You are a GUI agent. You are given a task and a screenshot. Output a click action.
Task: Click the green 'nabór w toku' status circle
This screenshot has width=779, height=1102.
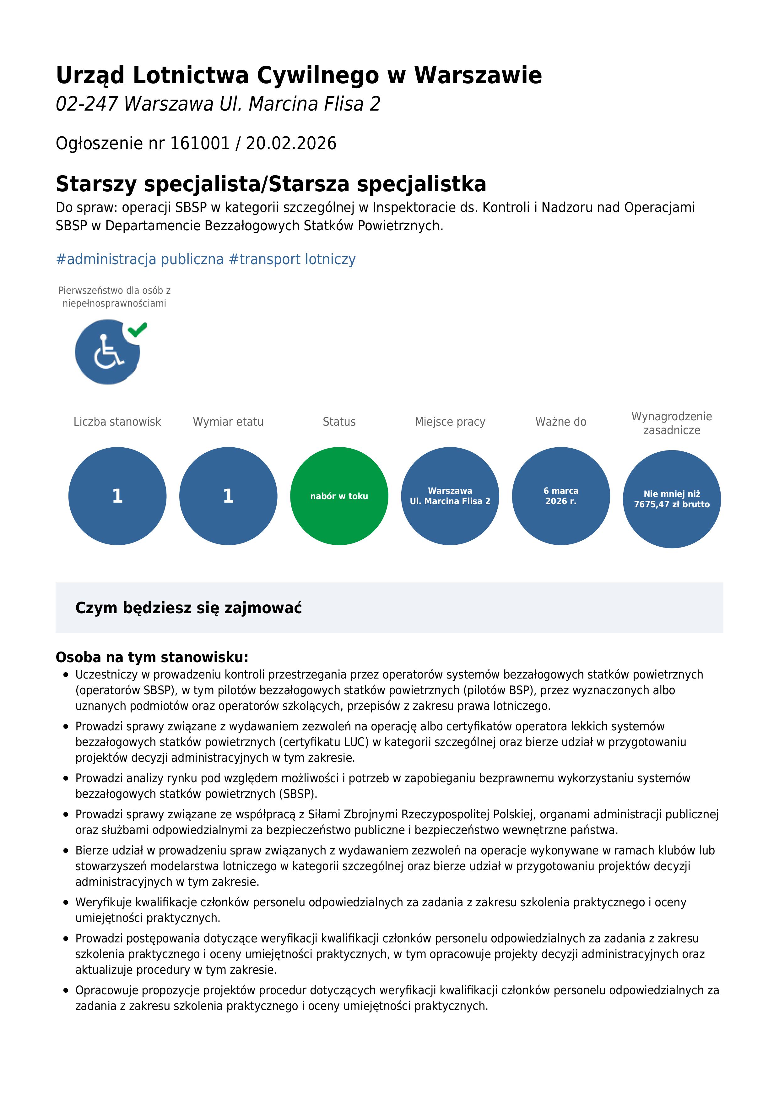tap(339, 496)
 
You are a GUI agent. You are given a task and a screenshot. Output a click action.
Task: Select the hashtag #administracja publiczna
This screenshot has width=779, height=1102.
tap(140, 259)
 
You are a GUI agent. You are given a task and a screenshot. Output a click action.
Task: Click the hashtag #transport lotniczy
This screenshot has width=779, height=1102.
tap(292, 259)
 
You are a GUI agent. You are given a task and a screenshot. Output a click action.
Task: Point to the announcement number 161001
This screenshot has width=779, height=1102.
tap(200, 143)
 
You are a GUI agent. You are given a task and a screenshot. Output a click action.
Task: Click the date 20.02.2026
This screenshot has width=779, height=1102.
tap(291, 143)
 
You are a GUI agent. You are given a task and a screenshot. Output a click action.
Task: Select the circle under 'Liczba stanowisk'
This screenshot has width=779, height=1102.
tap(117, 496)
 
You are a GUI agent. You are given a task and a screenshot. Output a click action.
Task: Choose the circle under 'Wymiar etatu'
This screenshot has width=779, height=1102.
tap(228, 496)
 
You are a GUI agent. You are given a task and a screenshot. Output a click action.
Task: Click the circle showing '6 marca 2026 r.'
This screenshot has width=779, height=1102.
tap(561, 496)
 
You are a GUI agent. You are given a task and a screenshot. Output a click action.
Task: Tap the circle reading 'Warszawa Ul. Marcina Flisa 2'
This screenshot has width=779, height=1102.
tap(450, 496)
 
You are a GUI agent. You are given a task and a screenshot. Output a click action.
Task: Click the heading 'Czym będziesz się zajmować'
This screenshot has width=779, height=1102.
tap(188, 608)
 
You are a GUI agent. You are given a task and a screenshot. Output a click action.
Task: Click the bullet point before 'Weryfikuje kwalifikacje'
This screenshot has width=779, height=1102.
tap(66, 902)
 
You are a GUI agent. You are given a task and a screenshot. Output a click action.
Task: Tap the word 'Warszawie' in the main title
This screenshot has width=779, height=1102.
tap(478, 75)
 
